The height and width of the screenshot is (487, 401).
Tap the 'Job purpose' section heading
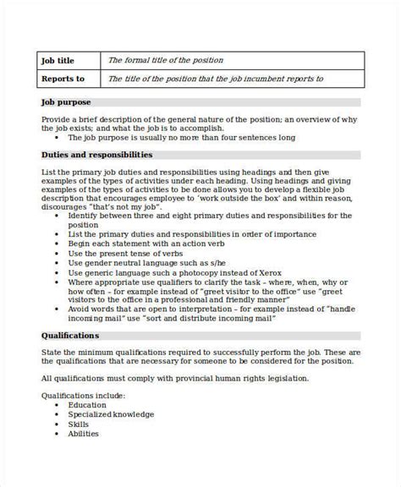(x=67, y=103)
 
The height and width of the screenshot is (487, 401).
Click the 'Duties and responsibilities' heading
(x=96, y=156)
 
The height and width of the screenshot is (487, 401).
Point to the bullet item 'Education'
(x=87, y=405)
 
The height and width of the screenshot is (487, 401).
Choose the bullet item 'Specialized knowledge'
(x=111, y=415)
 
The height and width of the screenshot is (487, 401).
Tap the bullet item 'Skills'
(x=80, y=425)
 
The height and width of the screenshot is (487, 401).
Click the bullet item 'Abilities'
(x=84, y=435)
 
